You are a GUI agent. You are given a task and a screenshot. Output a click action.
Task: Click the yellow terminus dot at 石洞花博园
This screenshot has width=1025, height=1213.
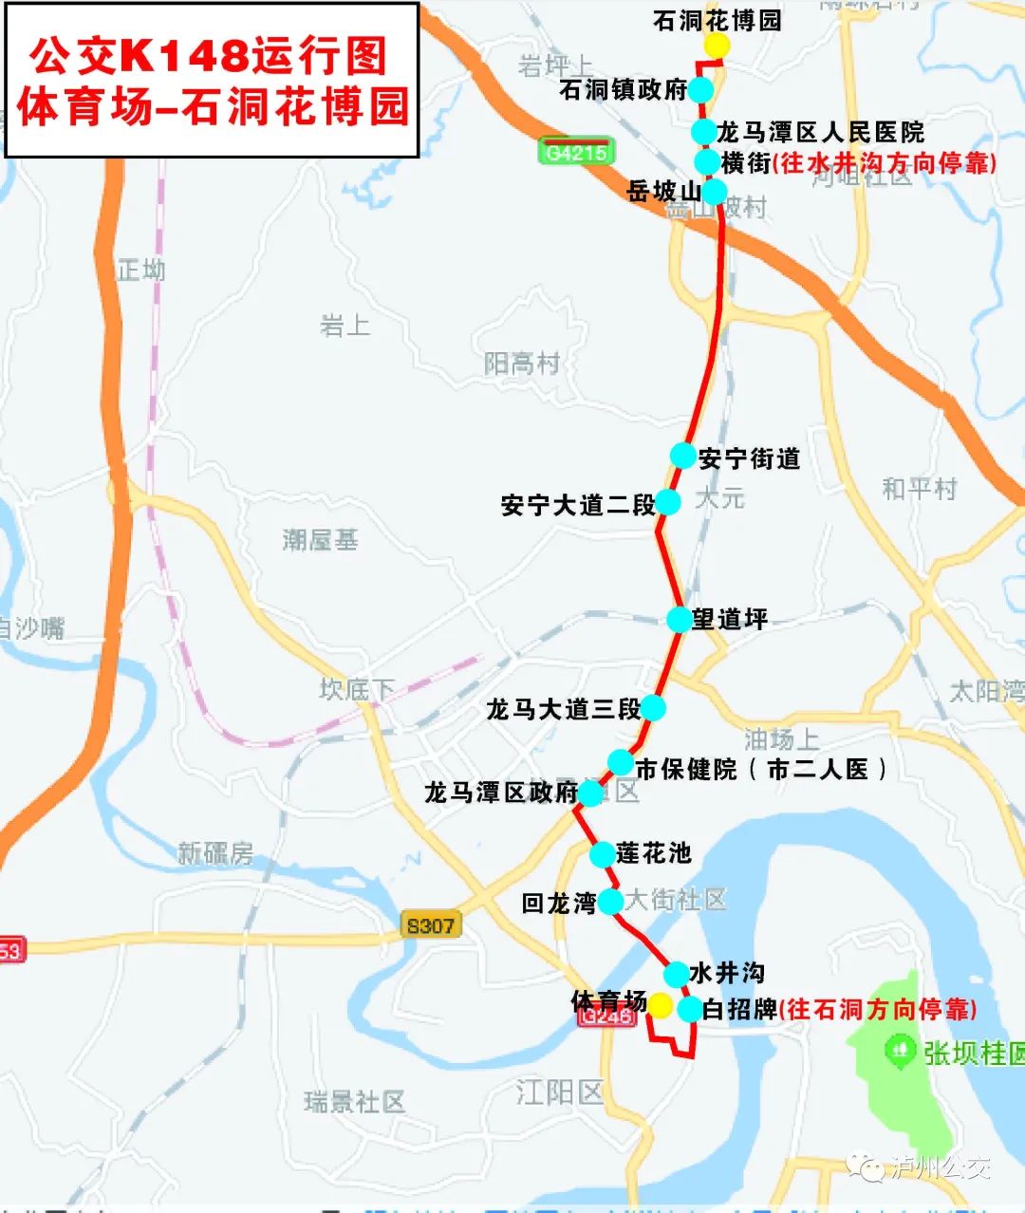(717, 47)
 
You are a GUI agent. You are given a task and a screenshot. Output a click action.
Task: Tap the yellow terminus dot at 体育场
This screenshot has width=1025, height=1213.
(660, 1005)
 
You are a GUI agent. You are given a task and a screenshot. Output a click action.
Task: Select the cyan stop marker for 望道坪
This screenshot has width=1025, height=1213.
(679, 620)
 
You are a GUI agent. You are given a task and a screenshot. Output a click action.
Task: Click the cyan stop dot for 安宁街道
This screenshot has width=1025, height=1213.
(682, 456)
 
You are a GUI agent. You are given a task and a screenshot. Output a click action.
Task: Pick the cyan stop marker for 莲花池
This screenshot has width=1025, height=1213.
(602, 854)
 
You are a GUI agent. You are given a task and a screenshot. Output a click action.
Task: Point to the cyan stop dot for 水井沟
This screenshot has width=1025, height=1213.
(676, 974)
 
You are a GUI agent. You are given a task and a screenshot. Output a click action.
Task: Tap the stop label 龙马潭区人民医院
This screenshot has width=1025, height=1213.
(820, 132)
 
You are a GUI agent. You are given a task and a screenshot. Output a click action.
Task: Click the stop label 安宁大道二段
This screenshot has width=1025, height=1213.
(578, 505)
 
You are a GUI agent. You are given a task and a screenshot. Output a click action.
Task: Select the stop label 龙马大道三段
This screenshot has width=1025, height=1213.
(563, 709)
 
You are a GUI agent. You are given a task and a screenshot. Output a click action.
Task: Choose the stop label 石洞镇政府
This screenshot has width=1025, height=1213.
(623, 90)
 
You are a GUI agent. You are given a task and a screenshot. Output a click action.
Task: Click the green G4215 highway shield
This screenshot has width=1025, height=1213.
(576, 152)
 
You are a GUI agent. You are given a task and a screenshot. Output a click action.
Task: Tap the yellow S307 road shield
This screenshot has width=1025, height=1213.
(431, 925)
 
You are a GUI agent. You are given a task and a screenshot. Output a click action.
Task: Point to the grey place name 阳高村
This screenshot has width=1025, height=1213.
(521, 364)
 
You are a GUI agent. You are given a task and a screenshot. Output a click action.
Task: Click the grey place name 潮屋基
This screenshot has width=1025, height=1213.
(320, 540)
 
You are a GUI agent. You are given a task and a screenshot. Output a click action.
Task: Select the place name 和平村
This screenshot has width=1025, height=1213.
(919, 489)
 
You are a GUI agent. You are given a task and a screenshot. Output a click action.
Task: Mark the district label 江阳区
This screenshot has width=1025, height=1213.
(560, 1092)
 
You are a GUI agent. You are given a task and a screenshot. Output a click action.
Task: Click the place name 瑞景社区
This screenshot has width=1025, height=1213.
(354, 1102)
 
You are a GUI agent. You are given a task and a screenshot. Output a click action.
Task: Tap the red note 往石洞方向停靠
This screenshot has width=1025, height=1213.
(878, 1009)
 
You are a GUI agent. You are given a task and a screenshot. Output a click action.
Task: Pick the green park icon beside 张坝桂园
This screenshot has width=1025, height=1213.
(897, 1050)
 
